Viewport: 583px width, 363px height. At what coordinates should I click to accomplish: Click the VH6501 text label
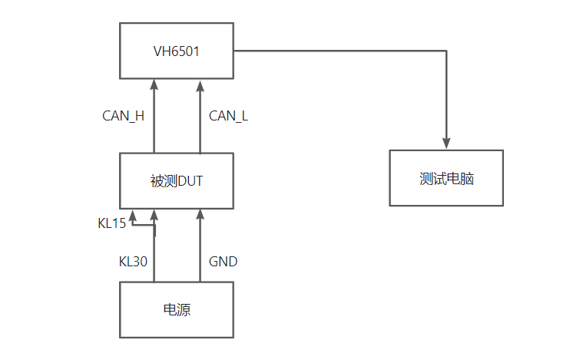coord(176,51)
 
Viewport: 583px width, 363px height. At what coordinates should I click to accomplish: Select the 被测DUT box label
coord(176,181)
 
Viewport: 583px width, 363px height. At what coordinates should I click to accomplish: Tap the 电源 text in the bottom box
coord(177,309)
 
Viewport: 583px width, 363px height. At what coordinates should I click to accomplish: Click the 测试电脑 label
coord(446,179)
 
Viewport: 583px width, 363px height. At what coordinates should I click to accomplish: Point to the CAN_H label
coord(123,117)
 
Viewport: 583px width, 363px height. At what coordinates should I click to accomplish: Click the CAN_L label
coord(228,117)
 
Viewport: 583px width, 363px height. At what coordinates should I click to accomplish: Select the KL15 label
coord(111,223)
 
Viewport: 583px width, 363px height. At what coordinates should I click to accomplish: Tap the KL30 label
coord(133,262)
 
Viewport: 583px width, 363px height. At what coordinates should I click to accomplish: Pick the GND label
coord(223,262)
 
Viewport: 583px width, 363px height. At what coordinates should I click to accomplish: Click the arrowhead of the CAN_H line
coord(154,84)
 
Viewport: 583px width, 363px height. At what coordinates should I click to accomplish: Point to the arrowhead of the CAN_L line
coord(200,86)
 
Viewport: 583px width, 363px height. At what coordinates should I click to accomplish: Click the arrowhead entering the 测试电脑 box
coord(446,144)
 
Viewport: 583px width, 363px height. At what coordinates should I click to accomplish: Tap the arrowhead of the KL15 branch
coord(132,216)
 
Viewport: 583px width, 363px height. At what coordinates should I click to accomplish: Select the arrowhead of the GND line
coord(200,214)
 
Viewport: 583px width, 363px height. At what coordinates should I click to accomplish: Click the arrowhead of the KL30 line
coord(154,214)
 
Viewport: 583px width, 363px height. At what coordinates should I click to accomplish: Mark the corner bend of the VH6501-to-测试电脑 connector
coord(446,51)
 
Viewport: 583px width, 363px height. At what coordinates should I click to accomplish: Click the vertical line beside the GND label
coord(200,246)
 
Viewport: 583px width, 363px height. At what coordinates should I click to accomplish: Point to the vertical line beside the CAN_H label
coord(154,116)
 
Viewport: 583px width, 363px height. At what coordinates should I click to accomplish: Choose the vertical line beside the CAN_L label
coord(200,117)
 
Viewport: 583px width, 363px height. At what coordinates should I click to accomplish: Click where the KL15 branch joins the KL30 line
coord(154,225)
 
